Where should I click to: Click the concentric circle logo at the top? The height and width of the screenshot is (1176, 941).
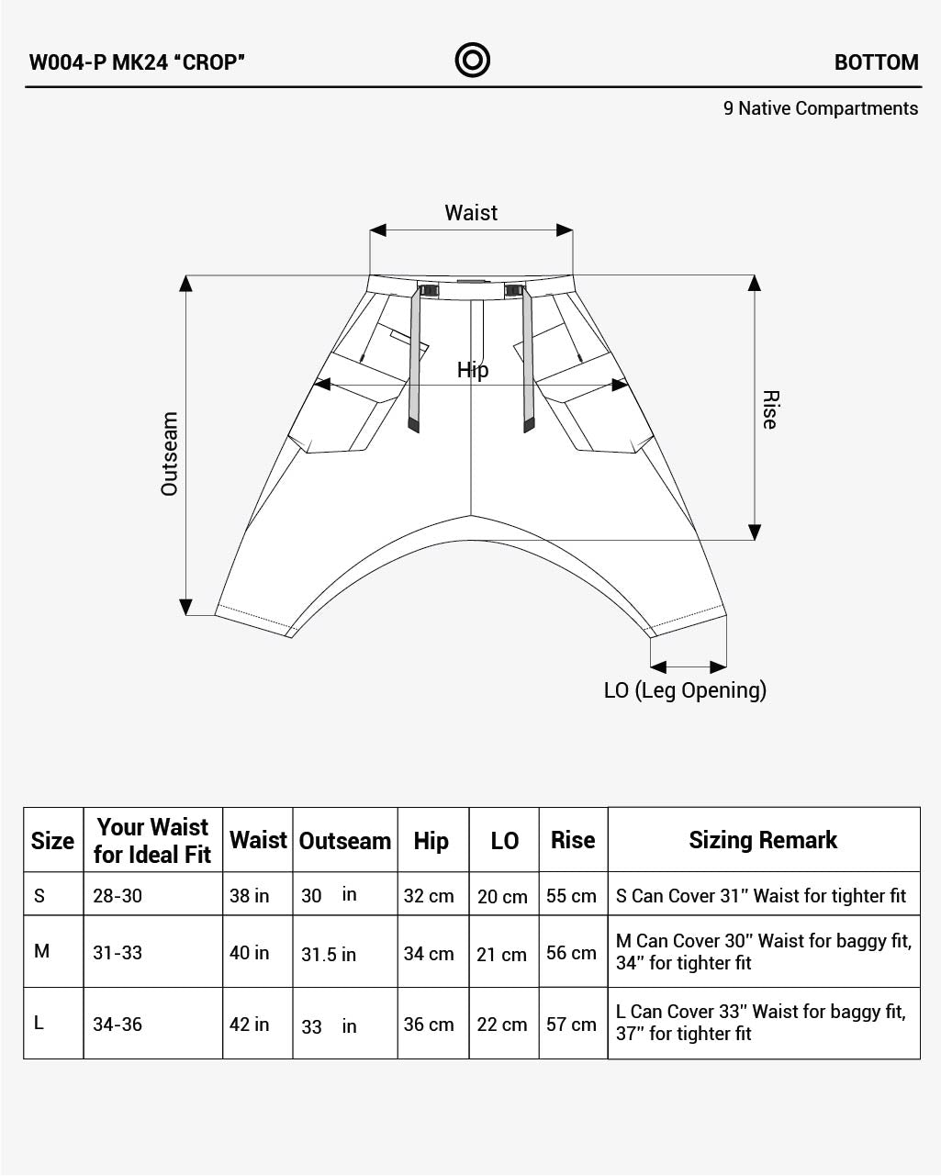click(x=472, y=61)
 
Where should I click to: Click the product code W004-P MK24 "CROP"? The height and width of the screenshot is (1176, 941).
click(x=137, y=62)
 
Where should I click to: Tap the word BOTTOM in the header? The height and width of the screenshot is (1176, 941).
click(x=876, y=62)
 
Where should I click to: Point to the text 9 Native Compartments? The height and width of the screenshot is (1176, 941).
click(x=820, y=108)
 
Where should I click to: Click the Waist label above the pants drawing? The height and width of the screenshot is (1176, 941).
click(x=471, y=213)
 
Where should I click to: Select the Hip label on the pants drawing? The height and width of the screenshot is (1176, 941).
click(x=473, y=370)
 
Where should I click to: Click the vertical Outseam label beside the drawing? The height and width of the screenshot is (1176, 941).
click(x=170, y=454)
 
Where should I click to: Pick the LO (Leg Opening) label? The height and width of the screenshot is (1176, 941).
click(x=685, y=690)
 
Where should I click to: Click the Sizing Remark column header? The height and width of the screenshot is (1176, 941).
click(x=763, y=840)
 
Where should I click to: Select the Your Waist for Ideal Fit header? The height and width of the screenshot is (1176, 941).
click(x=152, y=840)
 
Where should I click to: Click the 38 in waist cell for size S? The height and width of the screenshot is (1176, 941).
click(x=250, y=896)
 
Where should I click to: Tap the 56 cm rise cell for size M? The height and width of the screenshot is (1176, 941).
click(x=571, y=953)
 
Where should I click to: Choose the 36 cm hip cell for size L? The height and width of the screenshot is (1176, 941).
click(x=429, y=1025)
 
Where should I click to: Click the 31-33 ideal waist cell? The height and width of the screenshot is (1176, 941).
click(x=118, y=953)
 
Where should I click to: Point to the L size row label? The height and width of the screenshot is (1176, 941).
click(x=39, y=1023)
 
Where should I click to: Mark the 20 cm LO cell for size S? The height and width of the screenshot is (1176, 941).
click(x=502, y=897)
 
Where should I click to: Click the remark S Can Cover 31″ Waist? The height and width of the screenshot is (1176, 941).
click(x=760, y=896)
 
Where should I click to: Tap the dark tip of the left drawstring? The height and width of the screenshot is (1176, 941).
click(x=414, y=425)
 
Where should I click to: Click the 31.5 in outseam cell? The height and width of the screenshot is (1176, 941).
click(x=329, y=955)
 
